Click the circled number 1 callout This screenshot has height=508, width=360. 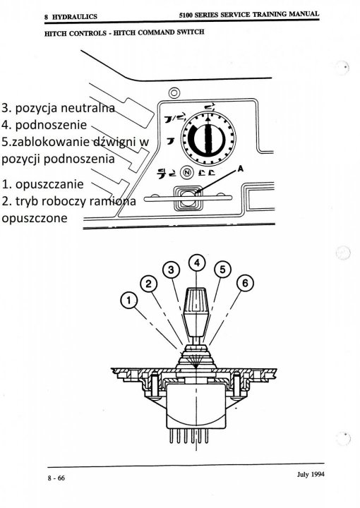[128, 301]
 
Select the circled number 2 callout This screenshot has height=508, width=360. [148, 284]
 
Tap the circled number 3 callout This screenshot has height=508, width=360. [170, 270]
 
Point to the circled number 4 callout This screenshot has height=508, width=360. [198, 262]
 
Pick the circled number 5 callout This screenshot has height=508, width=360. [222, 269]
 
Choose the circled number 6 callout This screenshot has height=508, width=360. [245, 283]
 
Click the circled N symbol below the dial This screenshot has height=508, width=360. [187, 171]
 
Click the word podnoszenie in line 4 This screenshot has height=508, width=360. [51, 126]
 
